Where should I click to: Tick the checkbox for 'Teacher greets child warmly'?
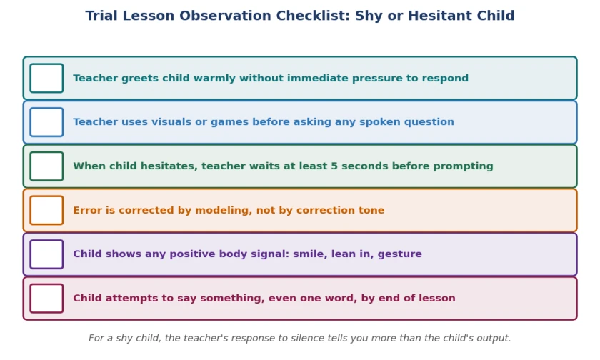point(46,78)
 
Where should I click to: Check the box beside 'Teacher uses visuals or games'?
point(46,122)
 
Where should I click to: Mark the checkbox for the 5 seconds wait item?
point(46,166)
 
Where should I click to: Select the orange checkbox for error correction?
point(46,210)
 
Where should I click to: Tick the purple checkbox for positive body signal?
point(46,254)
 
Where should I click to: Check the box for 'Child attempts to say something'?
point(46,298)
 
